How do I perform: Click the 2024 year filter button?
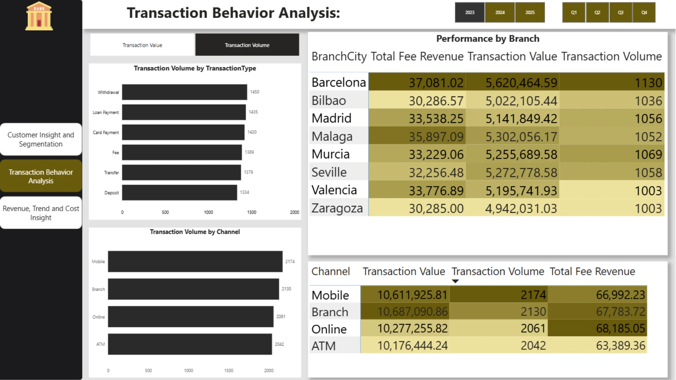(x=500, y=12)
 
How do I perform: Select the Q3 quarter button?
(x=621, y=12)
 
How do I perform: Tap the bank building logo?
(x=39, y=16)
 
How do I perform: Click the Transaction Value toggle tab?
(x=142, y=45)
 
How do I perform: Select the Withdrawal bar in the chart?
(x=184, y=92)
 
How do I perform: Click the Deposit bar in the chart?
(x=180, y=192)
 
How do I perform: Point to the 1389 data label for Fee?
(x=249, y=152)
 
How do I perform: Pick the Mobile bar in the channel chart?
(x=195, y=261)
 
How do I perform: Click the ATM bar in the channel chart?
(x=190, y=344)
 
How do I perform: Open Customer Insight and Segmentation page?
(x=41, y=139)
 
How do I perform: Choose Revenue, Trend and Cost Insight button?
(x=41, y=213)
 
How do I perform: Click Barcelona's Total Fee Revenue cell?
(x=417, y=82)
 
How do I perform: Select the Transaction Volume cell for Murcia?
(x=612, y=154)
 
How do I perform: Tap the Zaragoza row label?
(x=337, y=208)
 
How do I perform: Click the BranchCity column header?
(x=339, y=56)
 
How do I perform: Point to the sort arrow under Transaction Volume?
(x=455, y=281)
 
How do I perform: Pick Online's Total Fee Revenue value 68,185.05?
(x=620, y=328)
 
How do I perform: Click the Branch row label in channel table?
(x=330, y=312)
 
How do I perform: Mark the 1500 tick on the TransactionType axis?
(x=251, y=212)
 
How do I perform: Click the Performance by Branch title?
(x=488, y=39)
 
